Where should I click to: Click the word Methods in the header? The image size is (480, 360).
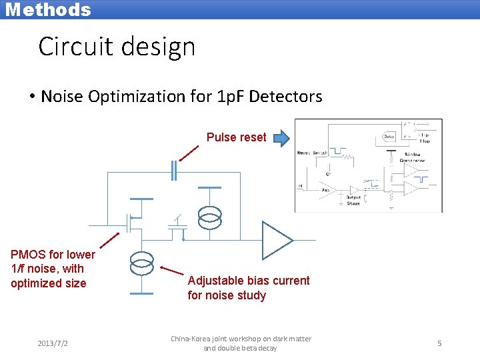point(47,9)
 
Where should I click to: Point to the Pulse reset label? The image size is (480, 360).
point(236,137)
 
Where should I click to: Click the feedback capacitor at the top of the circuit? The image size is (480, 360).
point(173,171)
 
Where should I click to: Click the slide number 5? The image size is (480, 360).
point(439,343)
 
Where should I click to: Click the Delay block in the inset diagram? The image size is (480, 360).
point(389,137)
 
